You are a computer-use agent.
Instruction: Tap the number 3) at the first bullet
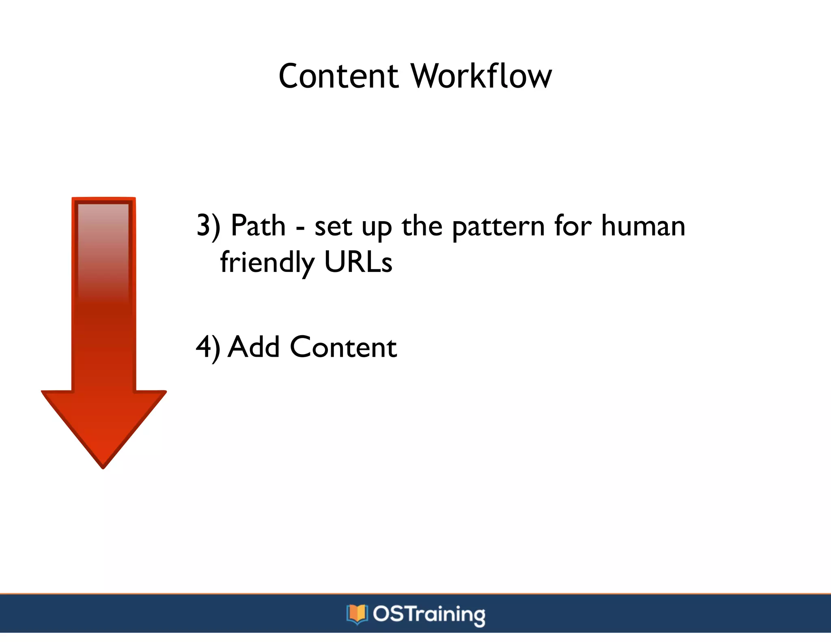[x=208, y=226]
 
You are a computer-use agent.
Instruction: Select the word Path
[x=258, y=226]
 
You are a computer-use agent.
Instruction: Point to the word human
[x=643, y=226]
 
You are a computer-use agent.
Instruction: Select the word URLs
[x=358, y=262]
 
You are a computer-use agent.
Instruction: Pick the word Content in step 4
[x=343, y=347]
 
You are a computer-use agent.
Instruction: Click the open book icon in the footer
[x=357, y=614]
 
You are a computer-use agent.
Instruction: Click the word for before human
[x=573, y=226]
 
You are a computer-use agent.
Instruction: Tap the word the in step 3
[x=422, y=226]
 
